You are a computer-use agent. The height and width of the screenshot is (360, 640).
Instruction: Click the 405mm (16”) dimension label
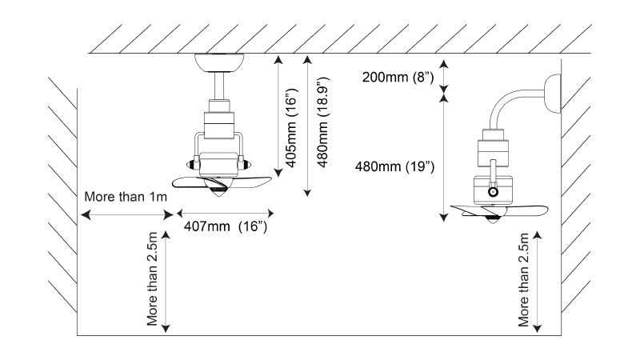(x=292, y=128)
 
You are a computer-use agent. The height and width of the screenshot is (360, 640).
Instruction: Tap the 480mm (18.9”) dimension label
(x=322, y=122)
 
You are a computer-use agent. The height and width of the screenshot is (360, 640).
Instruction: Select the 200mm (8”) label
(x=398, y=77)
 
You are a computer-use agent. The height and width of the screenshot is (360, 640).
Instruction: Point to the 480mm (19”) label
(x=394, y=166)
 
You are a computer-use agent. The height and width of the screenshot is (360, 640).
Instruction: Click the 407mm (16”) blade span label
(x=226, y=226)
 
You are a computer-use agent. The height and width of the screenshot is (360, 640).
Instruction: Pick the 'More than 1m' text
(x=126, y=197)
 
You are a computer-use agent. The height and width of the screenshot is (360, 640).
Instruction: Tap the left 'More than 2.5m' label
(x=152, y=279)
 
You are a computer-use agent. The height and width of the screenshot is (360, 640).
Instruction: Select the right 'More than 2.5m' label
(x=523, y=280)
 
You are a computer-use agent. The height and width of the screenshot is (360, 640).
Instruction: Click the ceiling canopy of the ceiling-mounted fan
(x=219, y=62)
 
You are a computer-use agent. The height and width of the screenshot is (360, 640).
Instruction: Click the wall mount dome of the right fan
(x=553, y=94)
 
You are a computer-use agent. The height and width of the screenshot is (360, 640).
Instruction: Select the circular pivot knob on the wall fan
(x=493, y=191)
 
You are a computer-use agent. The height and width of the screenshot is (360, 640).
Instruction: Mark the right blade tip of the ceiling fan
(x=271, y=178)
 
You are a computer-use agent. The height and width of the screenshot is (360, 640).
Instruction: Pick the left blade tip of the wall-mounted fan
(x=451, y=207)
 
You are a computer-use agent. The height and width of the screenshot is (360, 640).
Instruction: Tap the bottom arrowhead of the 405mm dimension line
(x=278, y=173)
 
